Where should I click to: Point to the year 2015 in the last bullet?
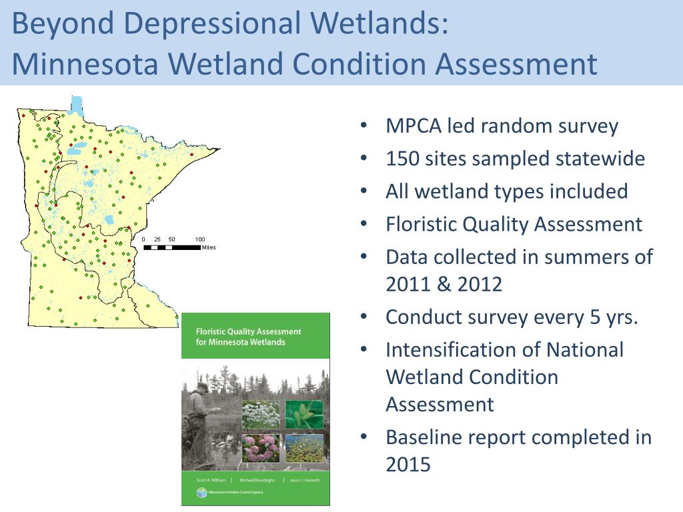click(408, 465)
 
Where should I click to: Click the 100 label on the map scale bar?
click(200, 239)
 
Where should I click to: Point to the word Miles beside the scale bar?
click(209, 247)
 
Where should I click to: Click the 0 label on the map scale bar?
click(144, 239)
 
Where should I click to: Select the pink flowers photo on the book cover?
click(260, 447)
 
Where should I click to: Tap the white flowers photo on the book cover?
click(260, 413)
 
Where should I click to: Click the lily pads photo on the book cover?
click(305, 447)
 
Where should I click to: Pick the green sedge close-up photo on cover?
click(305, 413)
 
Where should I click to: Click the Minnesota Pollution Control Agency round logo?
click(201, 493)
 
